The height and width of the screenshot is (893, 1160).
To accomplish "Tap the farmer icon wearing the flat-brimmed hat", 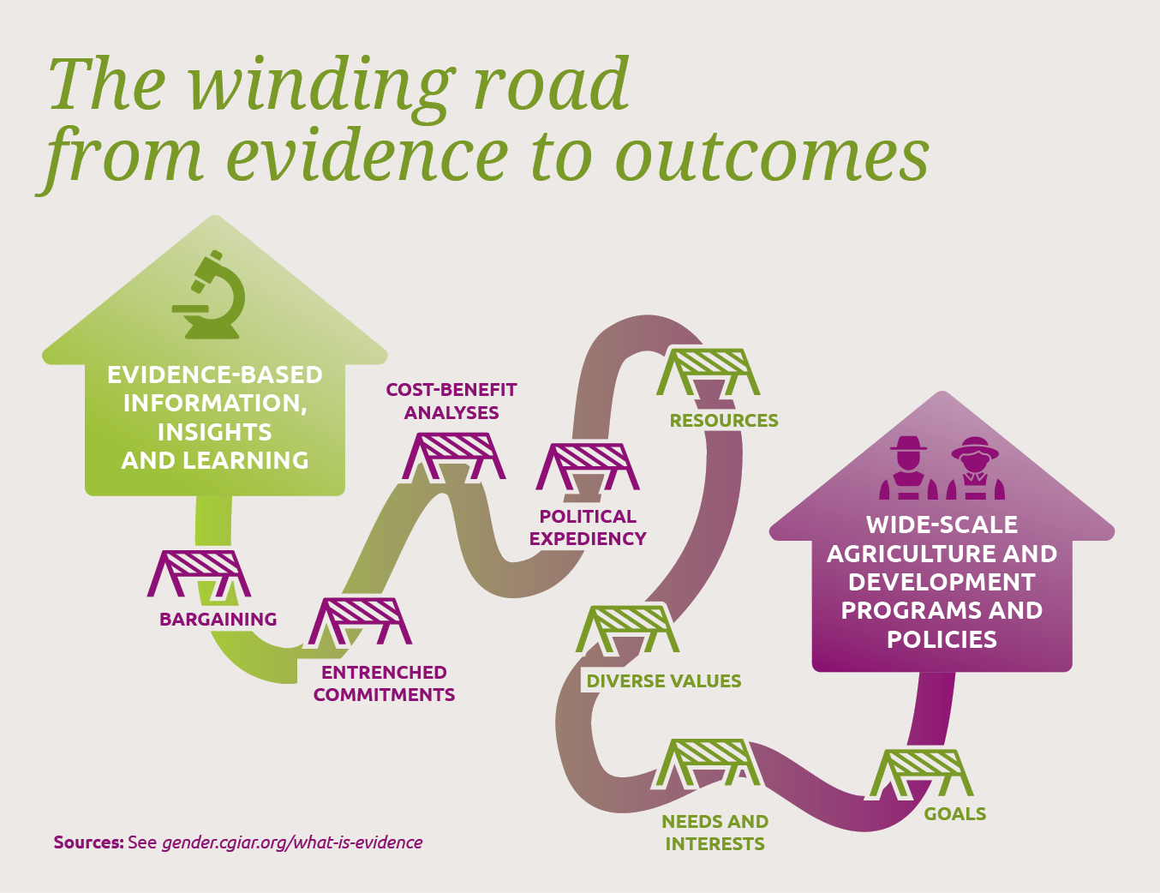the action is pos(908,468).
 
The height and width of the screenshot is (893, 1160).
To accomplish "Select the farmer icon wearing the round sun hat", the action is pos(975,468).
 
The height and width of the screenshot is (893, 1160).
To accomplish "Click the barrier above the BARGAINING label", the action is pos(199,574).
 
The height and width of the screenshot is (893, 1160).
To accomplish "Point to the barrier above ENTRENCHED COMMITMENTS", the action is pos(361,620).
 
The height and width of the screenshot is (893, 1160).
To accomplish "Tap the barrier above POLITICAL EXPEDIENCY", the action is pos(588,467).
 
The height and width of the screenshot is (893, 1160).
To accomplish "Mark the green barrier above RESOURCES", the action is pos(709,372).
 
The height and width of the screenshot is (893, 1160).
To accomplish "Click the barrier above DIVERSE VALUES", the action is pos(627,629).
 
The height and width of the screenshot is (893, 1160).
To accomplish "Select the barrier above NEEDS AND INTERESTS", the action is pos(706,763).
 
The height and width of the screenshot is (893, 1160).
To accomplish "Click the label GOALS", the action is pos(955,814).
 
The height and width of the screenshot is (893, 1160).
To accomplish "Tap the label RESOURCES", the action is pos(724,421).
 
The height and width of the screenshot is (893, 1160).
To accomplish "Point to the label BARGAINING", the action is pos(218,619).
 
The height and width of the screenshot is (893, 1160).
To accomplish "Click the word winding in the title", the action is pos(320,86).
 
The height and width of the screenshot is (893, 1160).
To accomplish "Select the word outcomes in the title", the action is pos(772,156).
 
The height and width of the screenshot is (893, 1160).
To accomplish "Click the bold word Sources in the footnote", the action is pos(88,842).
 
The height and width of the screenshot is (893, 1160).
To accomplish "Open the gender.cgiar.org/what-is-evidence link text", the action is pos(292,842).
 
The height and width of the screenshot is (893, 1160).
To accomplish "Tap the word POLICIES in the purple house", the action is pos(942,639).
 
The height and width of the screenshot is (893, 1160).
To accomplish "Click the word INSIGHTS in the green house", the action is pos(214,432).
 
